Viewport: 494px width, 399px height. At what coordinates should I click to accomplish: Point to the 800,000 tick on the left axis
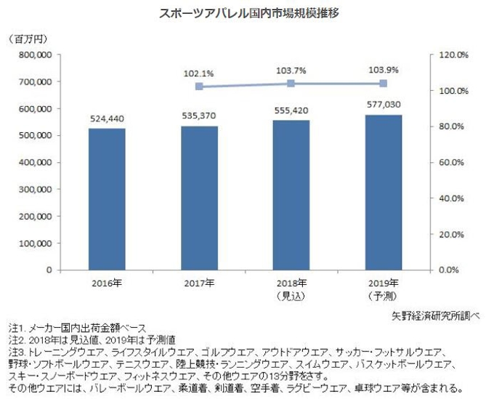pyautogui.click(x=34, y=55)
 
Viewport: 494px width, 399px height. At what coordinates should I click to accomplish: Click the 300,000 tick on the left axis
pyautogui.click(x=34, y=189)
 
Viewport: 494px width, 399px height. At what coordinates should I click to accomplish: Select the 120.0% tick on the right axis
pyautogui.click(x=458, y=55)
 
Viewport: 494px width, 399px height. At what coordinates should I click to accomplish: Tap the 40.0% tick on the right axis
pyautogui.click(x=458, y=198)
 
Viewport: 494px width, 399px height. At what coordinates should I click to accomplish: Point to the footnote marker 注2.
pyautogui.click(x=15, y=339)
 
